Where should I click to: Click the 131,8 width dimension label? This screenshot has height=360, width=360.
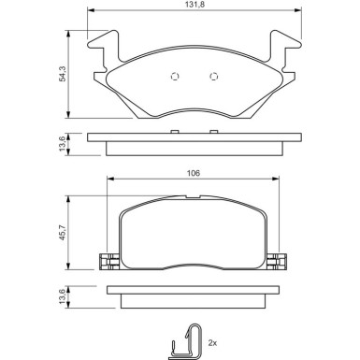tap(194, 5)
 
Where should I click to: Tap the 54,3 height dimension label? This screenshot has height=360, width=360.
tap(63, 74)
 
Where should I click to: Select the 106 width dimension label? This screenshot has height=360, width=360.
tap(194, 173)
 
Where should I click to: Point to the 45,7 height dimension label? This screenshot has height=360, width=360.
tap(63, 232)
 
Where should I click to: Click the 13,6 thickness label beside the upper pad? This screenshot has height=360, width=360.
tap(63, 144)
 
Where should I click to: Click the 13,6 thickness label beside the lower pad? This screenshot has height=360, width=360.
tap(63, 296)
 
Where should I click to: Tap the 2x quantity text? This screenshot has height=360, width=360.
tap(212, 343)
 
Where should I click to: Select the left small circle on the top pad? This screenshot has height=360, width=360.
tap(175, 77)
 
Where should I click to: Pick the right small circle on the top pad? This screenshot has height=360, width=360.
tap(214, 77)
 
